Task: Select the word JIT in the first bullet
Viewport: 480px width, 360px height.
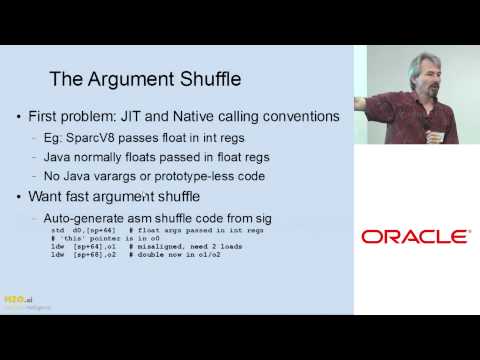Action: click(153, 117)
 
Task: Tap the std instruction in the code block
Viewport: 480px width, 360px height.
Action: click(57, 230)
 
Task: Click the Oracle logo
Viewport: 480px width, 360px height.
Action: click(415, 237)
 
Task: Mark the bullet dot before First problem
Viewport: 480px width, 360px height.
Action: click(21, 118)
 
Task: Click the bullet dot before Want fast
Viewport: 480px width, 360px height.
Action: click(21, 196)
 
